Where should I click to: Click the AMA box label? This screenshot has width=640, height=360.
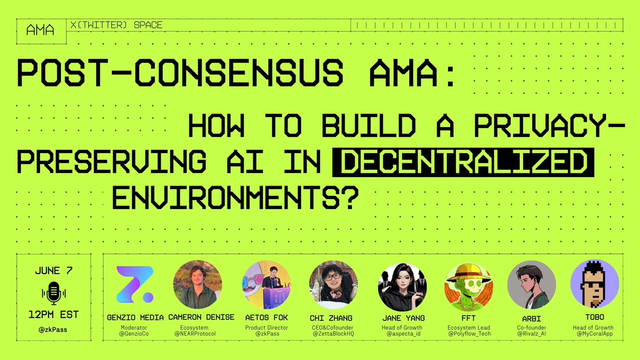point(41,30)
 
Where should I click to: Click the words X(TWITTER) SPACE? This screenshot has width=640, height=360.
point(116,25)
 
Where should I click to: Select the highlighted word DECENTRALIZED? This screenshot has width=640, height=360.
point(463,162)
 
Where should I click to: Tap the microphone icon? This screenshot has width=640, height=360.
point(54,293)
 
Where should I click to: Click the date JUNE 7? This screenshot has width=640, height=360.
point(54,270)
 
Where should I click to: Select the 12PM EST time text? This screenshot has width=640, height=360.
point(54,315)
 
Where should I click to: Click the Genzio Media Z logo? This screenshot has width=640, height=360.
point(135,285)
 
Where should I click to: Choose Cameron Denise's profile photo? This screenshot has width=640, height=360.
point(197,285)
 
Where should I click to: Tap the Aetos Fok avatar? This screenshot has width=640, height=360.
point(267,285)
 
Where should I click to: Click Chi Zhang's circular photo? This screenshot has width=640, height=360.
point(333,285)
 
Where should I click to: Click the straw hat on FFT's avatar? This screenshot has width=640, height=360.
point(469,274)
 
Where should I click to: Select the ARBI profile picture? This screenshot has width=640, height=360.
point(531,285)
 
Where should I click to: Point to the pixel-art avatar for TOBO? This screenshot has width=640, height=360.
point(595,284)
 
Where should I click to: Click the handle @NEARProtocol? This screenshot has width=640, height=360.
point(195,334)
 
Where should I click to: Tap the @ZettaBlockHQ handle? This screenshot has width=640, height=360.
point(333,334)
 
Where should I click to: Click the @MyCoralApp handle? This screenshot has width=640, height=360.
point(595,334)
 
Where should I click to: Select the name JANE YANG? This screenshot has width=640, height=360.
point(403,318)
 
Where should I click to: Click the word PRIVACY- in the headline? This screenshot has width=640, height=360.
point(549,125)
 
